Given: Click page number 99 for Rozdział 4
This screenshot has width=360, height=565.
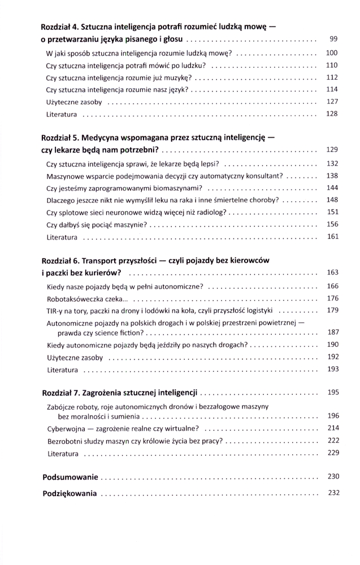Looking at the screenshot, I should (x=333, y=39).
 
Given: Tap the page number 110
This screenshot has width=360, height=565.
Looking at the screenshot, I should (x=332, y=65).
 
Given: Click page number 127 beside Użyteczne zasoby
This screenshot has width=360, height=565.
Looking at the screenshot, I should (x=332, y=102).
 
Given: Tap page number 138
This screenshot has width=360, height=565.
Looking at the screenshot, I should (x=332, y=176).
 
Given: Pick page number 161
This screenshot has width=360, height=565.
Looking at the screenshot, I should (x=332, y=237).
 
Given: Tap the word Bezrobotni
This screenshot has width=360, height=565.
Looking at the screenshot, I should (x=68, y=441).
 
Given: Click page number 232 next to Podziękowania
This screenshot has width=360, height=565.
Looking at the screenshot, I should (x=332, y=493).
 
